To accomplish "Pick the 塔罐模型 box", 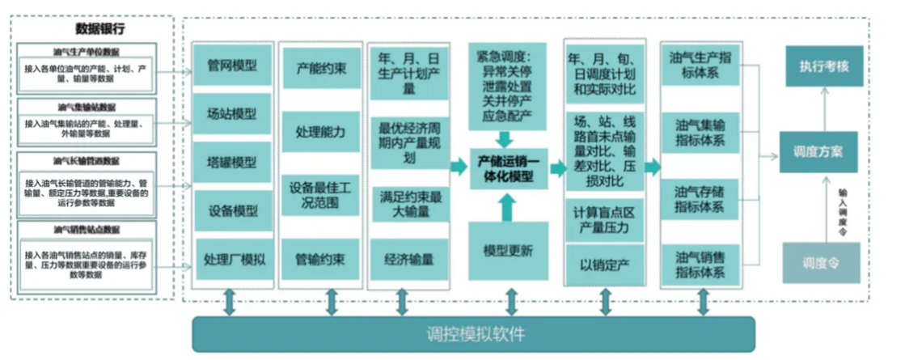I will [233, 163].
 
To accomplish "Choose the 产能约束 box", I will [320, 69].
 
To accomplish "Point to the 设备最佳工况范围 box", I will [320, 195].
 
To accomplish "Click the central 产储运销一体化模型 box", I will [507, 167].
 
